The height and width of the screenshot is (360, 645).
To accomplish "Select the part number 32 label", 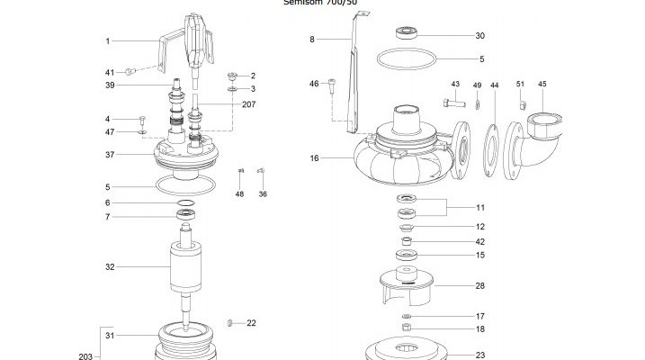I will tap(111, 267).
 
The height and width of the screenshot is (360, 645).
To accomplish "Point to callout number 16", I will tap(315, 157).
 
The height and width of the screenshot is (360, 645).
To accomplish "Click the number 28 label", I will tap(480, 285).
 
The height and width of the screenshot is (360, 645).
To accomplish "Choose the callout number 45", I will tap(542, 85).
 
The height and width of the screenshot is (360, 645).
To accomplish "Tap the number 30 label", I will tap(480, 36).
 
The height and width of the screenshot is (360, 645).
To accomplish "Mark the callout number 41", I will tap(110, 71).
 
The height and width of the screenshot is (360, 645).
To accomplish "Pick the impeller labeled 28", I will tap(412, 287).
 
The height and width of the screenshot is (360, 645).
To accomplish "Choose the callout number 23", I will tap(480, 355).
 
